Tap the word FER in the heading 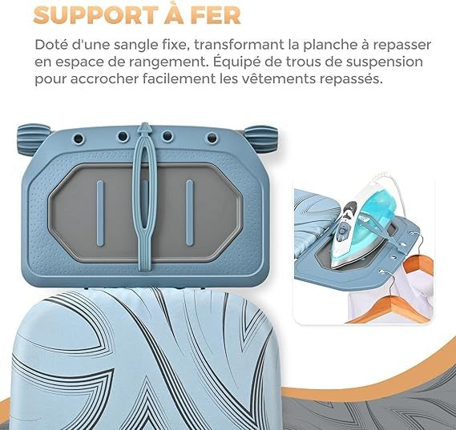pos(216,15)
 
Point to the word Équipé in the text pos(247,62)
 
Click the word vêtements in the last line pos(266,78)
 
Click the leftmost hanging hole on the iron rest pos(79,138)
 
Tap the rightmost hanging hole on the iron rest pos(212,137)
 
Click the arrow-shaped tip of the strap pos(144,128)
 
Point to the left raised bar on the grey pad pos(100,213)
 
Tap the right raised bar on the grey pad pos(190,213)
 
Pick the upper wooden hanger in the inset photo pos(420,262)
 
